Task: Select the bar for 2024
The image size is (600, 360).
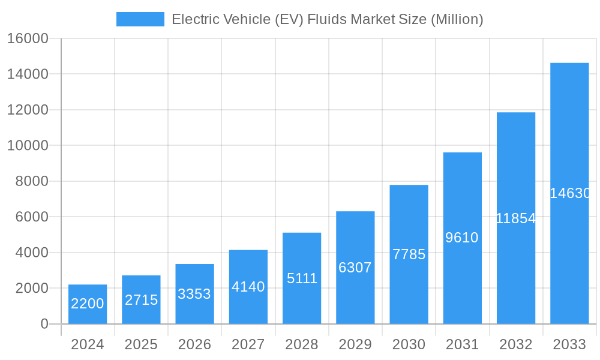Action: (88, 304)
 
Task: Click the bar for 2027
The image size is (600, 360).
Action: (248, 287)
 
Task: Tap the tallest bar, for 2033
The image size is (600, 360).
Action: (569, 193)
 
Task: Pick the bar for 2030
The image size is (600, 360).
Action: (409, 254)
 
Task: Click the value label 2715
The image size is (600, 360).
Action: (142, 300)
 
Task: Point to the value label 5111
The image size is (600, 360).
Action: (302, 278)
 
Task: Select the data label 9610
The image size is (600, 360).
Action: (462, 238)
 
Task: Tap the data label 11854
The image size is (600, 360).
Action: (516, 218)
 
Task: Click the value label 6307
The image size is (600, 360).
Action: (355, 268)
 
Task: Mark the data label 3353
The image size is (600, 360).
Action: (194, 294)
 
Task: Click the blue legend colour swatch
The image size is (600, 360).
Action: (140, 19)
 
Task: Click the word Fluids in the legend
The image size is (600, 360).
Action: (327, 19)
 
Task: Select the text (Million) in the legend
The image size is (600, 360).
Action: (457, 19)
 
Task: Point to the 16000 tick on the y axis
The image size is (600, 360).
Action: (27, 38)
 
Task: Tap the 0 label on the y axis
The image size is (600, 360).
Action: (44, 324)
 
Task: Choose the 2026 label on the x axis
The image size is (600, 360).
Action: (194, 344)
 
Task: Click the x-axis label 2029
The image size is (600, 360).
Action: (355, 344)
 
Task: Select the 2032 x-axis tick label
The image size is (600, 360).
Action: (516, 344)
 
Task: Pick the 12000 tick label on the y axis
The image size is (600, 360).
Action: (27, 110)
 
